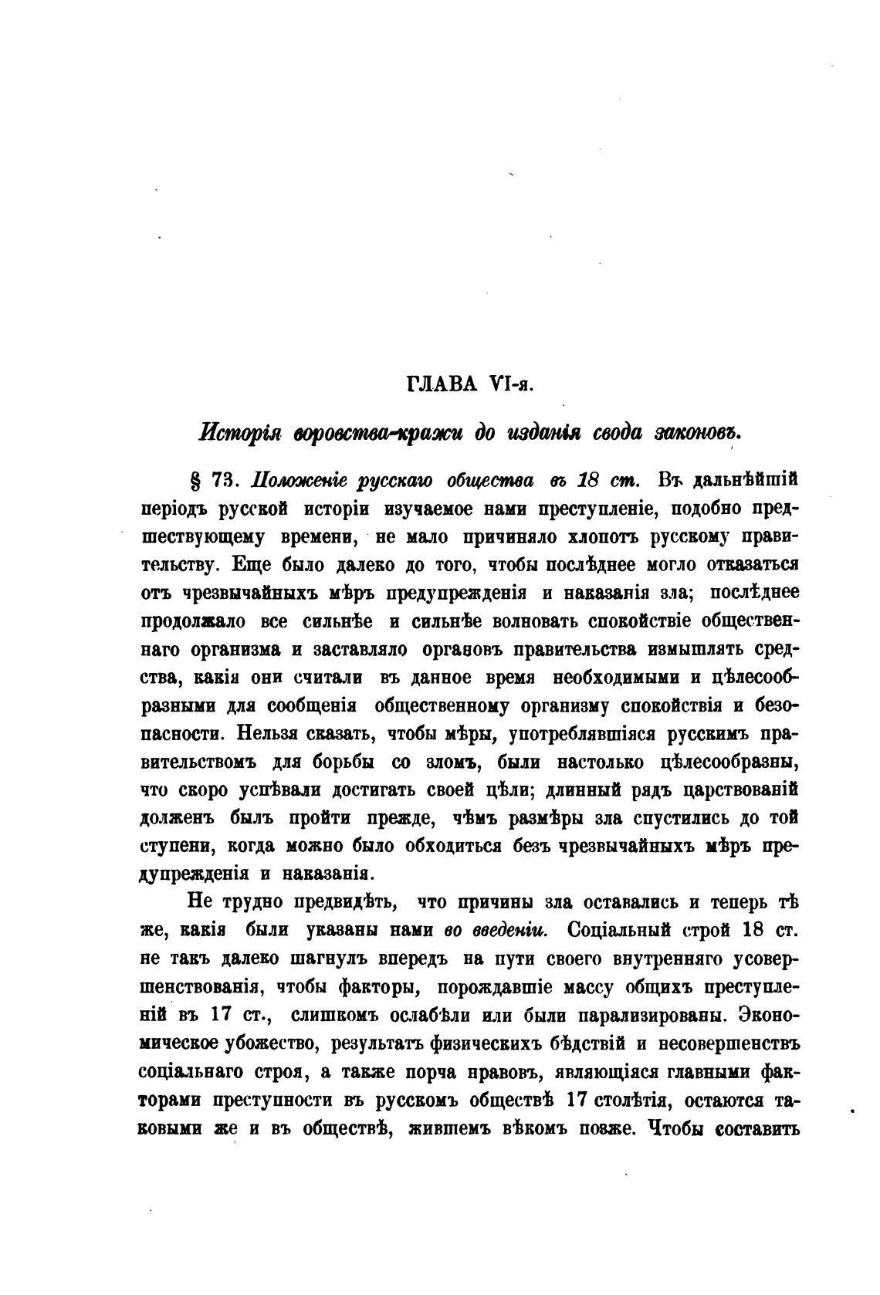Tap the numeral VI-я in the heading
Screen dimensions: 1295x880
pyautogui.click(x=511, y=384)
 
